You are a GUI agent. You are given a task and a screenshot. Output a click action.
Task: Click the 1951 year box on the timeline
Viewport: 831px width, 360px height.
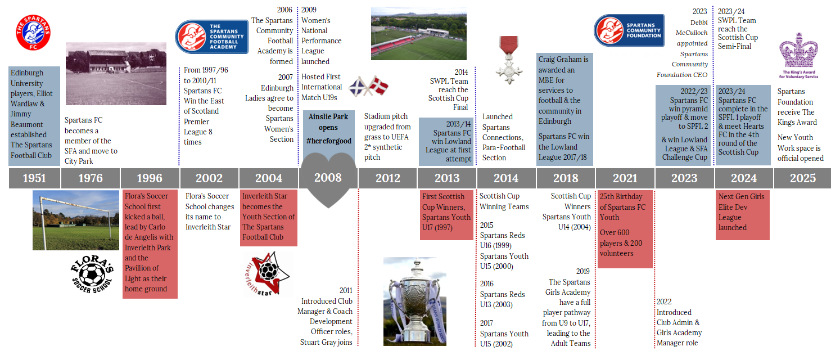click(34, 178)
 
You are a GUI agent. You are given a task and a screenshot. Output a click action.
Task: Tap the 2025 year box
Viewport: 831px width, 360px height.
click(802, 178)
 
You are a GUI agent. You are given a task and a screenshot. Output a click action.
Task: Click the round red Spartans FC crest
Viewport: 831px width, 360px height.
click(33, 33)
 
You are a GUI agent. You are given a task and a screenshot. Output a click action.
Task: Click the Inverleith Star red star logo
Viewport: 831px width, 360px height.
click(268, 274)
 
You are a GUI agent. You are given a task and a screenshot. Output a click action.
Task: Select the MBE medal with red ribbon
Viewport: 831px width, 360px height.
click(509, 60)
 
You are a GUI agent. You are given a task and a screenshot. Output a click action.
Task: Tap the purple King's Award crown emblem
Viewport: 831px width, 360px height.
click(798, 56)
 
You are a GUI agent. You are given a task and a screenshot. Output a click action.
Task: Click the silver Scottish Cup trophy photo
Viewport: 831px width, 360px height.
click(415, 301)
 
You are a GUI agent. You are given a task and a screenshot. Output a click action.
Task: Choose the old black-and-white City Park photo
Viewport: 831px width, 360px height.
click(116, 74)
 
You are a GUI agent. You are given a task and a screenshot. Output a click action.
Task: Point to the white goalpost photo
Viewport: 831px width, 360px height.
click(76, 220)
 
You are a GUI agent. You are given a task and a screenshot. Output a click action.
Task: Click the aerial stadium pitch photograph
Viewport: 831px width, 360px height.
click(419, 33)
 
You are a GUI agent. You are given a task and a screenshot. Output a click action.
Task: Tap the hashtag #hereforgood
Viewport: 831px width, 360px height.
click(329, 141)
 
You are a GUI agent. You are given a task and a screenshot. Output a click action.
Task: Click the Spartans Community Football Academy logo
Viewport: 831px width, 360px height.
click(212, 37)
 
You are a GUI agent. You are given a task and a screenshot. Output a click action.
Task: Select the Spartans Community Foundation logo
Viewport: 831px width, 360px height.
click(629, 30)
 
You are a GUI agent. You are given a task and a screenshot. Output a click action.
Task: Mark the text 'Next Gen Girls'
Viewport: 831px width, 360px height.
click(741, 197)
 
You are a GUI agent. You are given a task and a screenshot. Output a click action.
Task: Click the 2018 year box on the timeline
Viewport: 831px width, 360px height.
click(566, 178)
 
